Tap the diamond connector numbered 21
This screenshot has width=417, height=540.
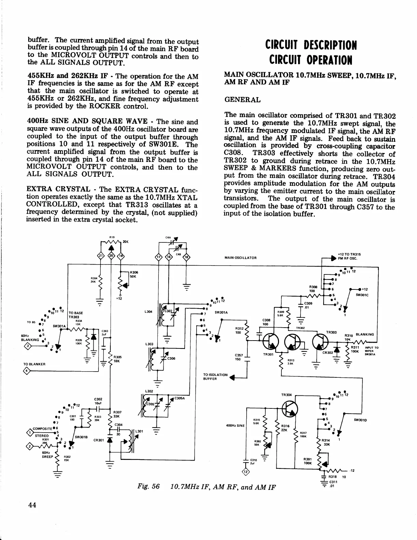pos(100,257)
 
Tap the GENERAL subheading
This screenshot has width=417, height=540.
pos(243,100)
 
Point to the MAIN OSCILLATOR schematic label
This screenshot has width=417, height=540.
pos(241,258)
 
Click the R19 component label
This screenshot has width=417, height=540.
pos(112,237)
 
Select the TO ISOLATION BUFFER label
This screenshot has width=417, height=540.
pos(215,376)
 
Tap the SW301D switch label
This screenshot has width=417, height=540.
pos(360,420)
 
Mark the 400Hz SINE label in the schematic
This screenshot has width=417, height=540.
pos(235,425)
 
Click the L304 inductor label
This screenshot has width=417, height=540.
pos(148,312)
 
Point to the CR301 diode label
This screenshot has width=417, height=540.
pos(98,440)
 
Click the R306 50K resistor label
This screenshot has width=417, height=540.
pos(133,274)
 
